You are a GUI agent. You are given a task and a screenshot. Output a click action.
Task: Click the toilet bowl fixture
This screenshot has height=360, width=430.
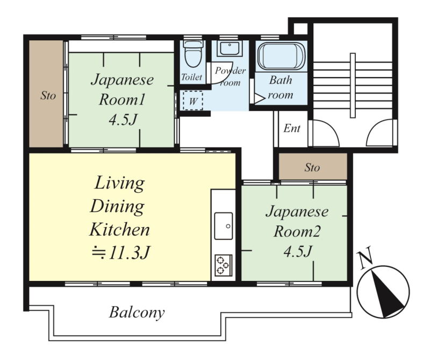[x=193, y=54]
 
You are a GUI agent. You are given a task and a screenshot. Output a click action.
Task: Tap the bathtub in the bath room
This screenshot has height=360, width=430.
[x=281, y=57]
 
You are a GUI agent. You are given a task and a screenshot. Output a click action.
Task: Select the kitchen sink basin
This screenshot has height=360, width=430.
[x=224, y=225]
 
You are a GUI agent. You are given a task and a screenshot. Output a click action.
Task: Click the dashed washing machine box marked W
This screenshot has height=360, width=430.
[x=193, y=101]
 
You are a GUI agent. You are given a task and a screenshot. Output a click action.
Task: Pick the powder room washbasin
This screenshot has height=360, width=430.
[x=230, y=48]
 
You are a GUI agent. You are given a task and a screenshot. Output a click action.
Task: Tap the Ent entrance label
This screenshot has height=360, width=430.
[x=292, y=128]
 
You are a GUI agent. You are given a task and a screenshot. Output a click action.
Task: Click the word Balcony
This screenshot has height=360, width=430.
[x=137, y=313]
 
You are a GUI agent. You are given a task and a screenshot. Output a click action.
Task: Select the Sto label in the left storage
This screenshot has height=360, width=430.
[x=48, y=96]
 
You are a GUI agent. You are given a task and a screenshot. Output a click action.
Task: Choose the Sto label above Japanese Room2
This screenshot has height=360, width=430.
[x=312, y=167]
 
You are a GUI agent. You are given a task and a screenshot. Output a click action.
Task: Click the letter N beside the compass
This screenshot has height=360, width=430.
[x=366, y=257]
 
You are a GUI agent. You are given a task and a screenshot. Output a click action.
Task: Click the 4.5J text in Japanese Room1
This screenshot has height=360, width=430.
[x=123, y=119]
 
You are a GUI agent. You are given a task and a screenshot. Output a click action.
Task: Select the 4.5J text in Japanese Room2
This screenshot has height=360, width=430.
[x=298, y=251]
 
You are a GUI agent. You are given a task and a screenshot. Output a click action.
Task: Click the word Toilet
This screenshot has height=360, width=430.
[x=192, y=77]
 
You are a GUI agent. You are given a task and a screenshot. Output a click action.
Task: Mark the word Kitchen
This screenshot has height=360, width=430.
[x=119, y=229]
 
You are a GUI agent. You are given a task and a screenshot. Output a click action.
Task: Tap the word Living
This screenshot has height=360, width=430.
[x=119, y=183]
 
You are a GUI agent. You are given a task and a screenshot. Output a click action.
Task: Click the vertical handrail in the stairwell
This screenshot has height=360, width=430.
[x=353, y=86]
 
